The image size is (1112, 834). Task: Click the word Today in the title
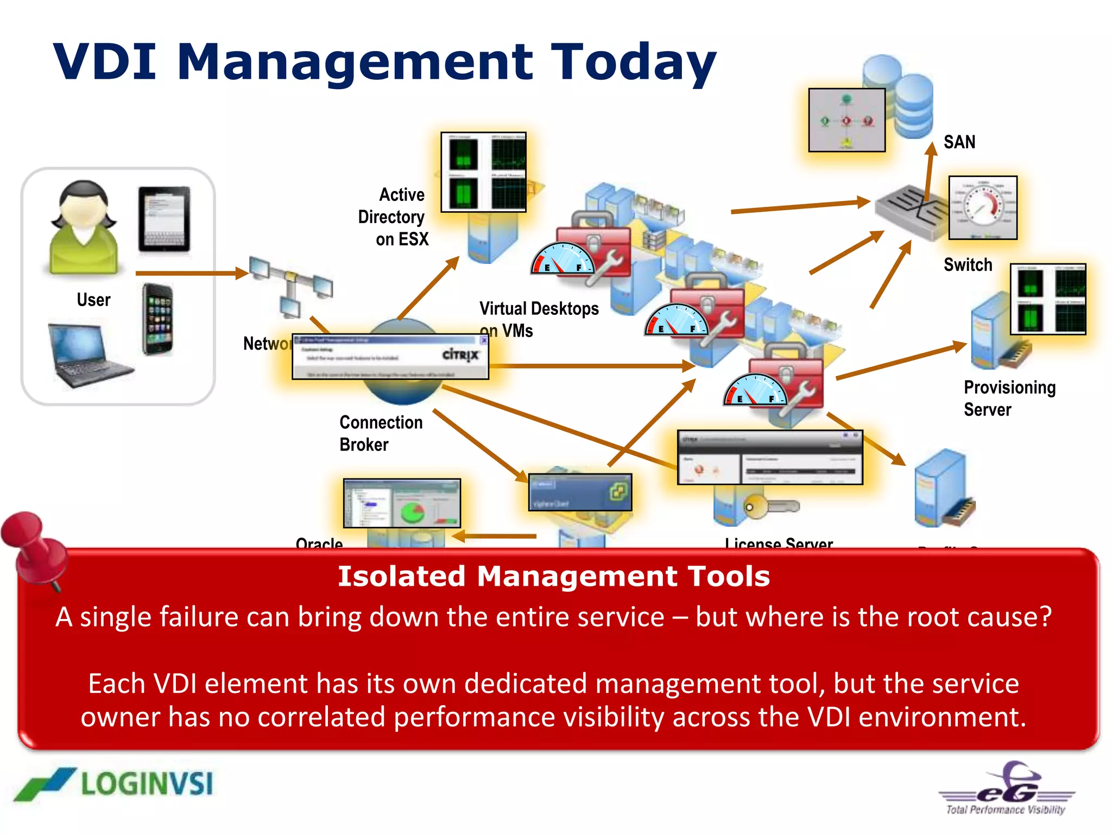[633, 62]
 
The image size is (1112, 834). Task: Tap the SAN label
[959, 142]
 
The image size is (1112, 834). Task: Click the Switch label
[968, 265]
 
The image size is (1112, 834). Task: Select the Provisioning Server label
[1009, 398]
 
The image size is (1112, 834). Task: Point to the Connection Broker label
[380, 433]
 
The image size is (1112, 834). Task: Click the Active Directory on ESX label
[394, 217]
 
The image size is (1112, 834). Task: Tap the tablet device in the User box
[164, 219]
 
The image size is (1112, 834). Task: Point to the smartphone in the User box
[158, 319]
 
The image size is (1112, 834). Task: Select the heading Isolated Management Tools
[554, 576]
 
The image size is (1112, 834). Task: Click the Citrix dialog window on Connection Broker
[390, 356]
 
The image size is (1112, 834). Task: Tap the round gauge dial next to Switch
[982, 207]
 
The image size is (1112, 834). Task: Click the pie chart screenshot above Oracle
[402, 503]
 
